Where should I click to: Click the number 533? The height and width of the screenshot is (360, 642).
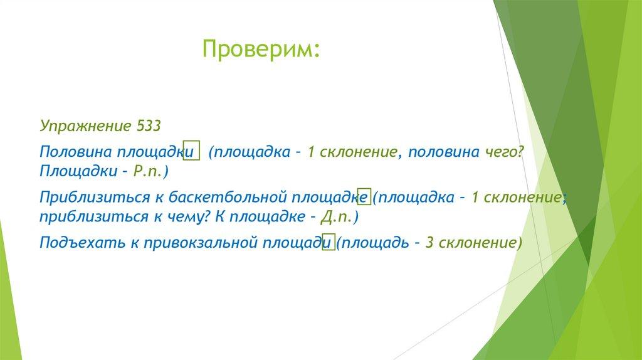coord(148,125)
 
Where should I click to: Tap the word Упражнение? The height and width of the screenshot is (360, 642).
coord(85,126)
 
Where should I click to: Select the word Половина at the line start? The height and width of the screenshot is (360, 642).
coord(76,152)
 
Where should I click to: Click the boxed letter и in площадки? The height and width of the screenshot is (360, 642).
coord(191,151)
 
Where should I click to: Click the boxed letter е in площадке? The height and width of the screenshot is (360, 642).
coord(364,197)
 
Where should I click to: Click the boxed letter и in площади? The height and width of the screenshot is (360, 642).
coord(329,242)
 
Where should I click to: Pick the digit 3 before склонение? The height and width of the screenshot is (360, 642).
coord(429,243)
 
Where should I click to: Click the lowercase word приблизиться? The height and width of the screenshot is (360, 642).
coord(94,216)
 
